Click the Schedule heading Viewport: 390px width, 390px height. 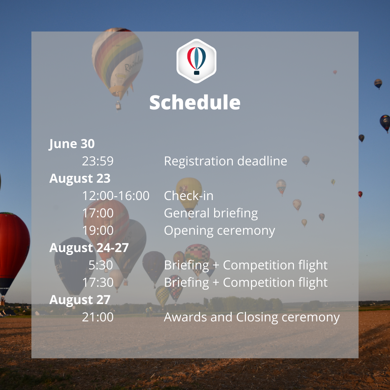tap(195, 102)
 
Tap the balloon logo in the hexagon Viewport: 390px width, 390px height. tap(196, 61)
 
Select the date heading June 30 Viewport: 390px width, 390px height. tap(71, 144)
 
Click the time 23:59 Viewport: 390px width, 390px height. tap(98, 161)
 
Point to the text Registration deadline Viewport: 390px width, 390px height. tap(226, 161)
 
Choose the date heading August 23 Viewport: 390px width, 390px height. tap(80, 178)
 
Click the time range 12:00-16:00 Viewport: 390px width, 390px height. tap(116, 196)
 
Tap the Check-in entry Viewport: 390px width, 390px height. tap(188, 196)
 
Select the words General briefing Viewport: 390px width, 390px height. tap(211, 213)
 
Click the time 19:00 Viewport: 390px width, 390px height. tap(98, 230)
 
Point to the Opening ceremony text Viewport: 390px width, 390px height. tap(220, 231)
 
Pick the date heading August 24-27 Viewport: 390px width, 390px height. tap(89, 248)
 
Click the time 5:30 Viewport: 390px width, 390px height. tap(101, 265)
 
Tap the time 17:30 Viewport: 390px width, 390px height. tap(98, 282)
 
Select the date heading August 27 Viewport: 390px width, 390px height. tap(80, 300)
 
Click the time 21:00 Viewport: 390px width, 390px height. tap(98, 317)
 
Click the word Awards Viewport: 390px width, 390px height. tap(186, 317)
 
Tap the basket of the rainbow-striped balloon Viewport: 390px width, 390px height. tap(118, 105)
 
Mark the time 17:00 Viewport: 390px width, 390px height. tap(98, 213)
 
